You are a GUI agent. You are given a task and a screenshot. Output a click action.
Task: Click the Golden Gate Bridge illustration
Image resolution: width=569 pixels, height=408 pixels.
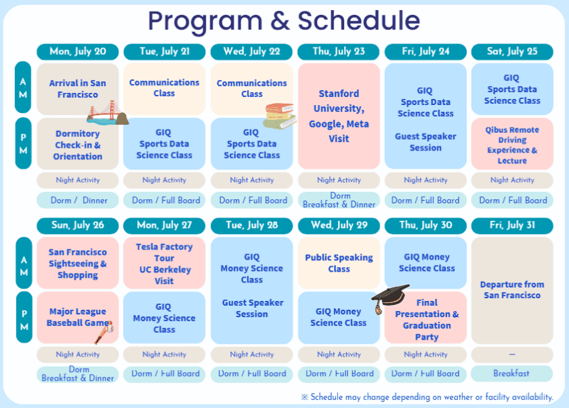(108, 113)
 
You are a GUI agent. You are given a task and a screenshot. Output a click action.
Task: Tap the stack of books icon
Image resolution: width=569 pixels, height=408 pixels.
(280, 116)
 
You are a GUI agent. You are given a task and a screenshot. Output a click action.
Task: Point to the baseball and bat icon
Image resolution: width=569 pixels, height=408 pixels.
(104, 332)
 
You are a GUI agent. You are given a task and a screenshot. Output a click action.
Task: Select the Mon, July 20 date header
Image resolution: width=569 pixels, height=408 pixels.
(78, 52)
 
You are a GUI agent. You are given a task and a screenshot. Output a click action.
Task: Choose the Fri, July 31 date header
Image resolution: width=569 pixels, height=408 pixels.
(512, 226)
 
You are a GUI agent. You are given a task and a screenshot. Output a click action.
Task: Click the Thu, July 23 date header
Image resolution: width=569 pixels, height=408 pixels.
(339, 52)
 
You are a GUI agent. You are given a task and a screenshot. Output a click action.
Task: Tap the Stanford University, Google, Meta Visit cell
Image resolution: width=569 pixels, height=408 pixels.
(339, 116)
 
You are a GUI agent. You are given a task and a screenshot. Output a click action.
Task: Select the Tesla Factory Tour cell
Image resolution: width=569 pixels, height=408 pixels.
(165, 263)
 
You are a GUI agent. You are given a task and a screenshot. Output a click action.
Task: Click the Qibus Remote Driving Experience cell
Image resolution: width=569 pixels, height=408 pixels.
(512, 144)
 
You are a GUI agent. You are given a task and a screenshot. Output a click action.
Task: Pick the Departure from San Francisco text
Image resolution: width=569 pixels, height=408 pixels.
(512, 289)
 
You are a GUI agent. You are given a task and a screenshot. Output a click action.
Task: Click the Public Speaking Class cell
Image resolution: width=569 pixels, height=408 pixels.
(339, 263)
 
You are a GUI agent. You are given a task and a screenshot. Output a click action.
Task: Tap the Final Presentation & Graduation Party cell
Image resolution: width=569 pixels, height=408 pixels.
(425, 318)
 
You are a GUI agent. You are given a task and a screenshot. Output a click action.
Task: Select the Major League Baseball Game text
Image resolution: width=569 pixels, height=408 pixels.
(78, 317)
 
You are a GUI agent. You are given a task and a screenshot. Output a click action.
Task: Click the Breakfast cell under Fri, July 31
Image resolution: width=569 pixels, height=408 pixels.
(512, 373)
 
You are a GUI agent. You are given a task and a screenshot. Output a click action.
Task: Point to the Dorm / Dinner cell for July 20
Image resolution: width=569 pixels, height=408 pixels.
(78, 201)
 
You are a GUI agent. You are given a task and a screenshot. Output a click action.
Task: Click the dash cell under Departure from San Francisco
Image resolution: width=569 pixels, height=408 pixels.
(512, 354)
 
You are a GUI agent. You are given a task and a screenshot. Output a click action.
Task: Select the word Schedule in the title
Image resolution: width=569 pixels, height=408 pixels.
(359, 21)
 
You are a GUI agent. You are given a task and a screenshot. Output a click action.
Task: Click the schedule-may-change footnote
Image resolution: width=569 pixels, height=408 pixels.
(427, 397)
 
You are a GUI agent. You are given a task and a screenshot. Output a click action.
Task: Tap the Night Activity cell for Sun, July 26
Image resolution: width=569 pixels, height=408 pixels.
(78, 354)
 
